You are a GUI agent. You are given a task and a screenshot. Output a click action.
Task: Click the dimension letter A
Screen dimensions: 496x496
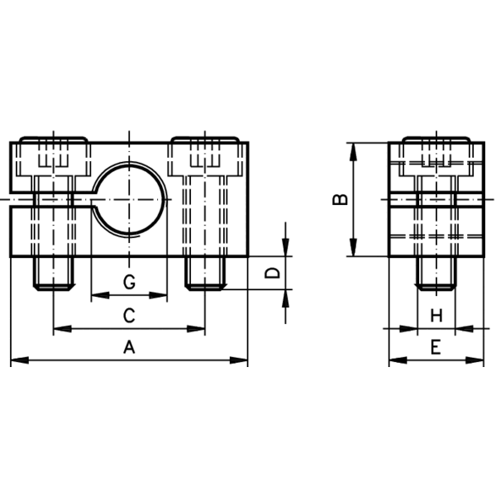(x=129, y=346)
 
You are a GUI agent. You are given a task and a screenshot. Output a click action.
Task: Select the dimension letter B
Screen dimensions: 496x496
(x=341, y=199)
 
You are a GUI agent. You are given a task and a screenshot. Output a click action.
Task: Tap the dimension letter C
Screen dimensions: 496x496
(x=129, y=316)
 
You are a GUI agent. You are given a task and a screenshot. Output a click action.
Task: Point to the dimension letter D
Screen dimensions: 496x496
(x=272, y=273)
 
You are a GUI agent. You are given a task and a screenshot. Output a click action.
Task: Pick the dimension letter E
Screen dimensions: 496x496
(x=436, y=346)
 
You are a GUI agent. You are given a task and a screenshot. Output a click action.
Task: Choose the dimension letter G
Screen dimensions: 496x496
(x=129, y=282)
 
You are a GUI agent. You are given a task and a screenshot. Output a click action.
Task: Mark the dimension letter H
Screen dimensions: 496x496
(x=436, y=316)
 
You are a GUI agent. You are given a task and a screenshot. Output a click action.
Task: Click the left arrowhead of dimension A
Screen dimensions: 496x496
(x=20, y=360)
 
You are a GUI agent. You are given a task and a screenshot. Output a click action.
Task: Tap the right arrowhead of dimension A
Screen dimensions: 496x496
(x=239, y=360)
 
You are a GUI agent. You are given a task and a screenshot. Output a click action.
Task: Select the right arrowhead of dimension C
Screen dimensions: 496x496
(x=196, y=329)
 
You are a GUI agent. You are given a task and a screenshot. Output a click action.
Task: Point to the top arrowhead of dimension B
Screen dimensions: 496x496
(x=353, y=152)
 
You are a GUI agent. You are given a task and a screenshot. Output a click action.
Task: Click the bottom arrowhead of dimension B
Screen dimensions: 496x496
(x=353, y=247)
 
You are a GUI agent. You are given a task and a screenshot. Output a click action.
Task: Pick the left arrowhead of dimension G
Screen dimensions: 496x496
(x=100, y=295)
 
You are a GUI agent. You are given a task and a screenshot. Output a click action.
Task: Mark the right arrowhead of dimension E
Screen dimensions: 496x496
(x=475, y=360)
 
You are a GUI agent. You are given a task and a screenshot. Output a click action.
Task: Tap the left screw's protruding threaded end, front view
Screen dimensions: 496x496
(x=54, y=273)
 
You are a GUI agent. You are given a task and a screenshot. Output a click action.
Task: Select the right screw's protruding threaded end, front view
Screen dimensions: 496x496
(x=205, y=273)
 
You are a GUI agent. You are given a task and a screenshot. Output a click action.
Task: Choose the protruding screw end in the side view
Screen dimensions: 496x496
(x=436, y=273)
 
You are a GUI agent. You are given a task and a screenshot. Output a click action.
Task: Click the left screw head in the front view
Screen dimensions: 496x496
(x=54, y=156)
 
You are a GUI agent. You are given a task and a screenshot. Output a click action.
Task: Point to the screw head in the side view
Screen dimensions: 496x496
(x=436, y=156)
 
